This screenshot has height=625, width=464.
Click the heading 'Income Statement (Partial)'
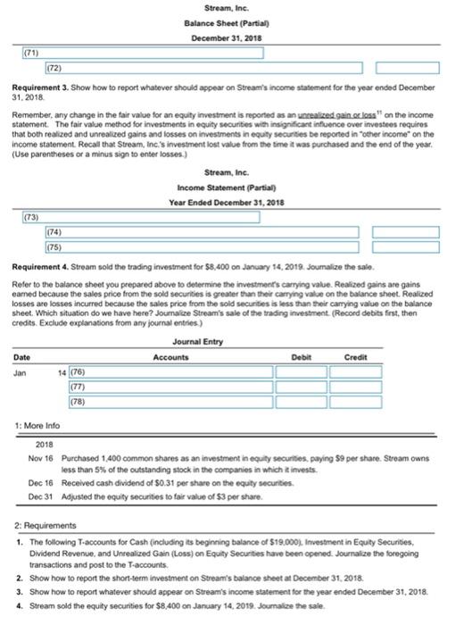coord(231,186)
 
